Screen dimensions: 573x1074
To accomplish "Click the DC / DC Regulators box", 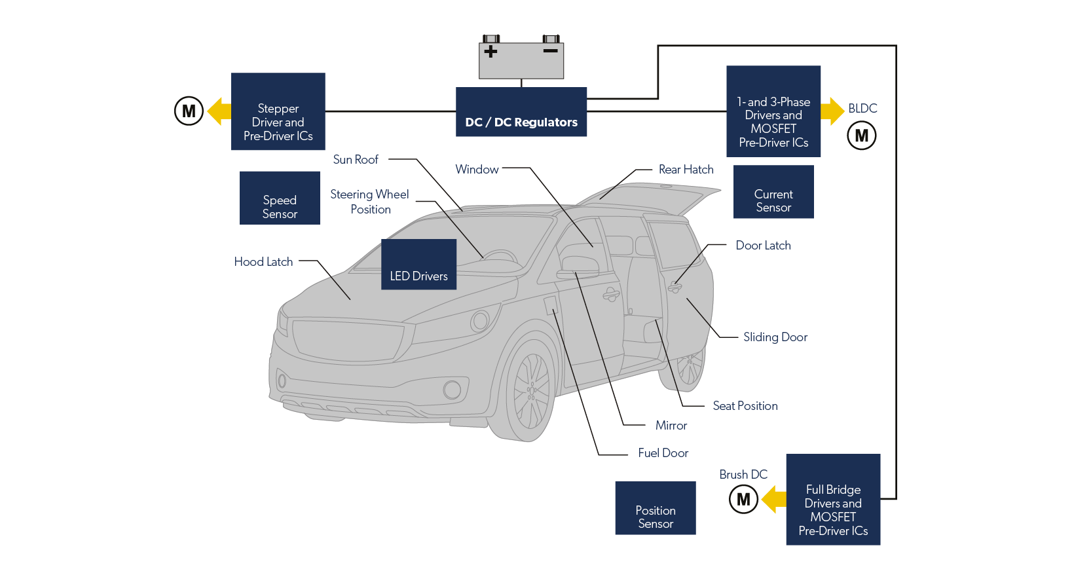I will (521, 112).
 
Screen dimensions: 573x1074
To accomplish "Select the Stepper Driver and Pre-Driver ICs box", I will (278, 112).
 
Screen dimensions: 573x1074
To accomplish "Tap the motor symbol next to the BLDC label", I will (862, 136).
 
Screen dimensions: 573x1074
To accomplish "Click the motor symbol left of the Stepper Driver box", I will (189, 111).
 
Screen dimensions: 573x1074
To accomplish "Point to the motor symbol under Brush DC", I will (743, 499).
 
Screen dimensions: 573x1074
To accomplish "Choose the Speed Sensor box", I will (280, 198).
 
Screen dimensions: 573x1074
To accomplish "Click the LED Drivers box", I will (418, 265).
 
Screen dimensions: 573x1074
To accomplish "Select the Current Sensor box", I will (773, 192).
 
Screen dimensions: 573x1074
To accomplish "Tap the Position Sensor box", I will (655, 508).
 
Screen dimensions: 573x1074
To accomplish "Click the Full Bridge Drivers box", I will (833, 500).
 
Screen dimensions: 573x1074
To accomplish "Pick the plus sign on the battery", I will (491, 51).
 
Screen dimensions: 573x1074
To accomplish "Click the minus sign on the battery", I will (550, 50).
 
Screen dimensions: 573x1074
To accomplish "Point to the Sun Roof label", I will (356, 159).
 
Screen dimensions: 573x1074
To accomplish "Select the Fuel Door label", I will (663, 453).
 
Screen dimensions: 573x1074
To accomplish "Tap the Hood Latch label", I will (263, 261).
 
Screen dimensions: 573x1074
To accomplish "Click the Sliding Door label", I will (775, 337).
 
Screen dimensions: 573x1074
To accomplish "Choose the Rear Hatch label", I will (686, 170).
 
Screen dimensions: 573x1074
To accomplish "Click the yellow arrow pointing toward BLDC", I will (832, 111).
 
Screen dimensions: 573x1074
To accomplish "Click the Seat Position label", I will (745, 406).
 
